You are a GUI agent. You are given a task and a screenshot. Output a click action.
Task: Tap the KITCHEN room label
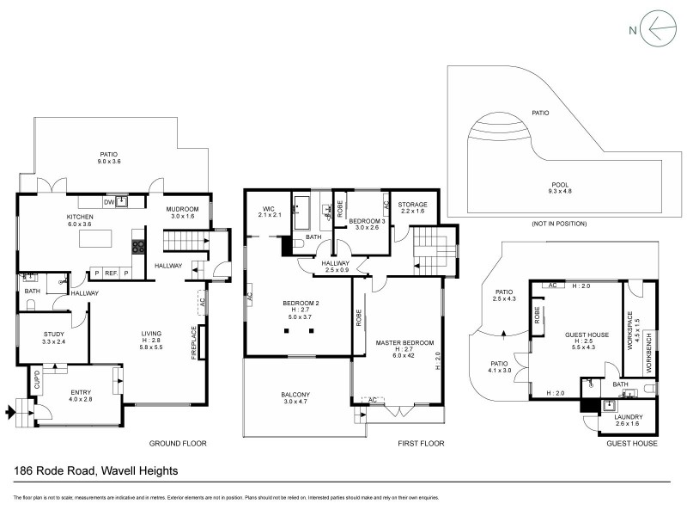pos(80,217)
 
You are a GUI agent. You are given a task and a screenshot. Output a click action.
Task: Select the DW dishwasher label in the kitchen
pos(108,201)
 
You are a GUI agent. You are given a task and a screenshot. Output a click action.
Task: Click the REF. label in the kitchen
pos(111,273)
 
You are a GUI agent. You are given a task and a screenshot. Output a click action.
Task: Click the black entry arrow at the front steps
pos(10,414)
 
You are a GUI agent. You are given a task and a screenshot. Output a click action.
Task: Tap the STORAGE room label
pos(413,205)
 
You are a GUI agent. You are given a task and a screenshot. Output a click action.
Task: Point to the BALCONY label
pos(296,395)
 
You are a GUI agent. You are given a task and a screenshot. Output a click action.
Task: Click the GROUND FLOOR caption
pos(178,444)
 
